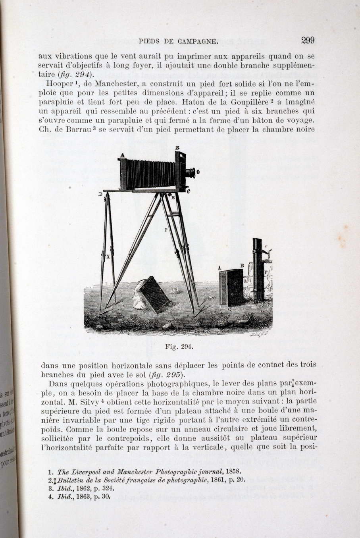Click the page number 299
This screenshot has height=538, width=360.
pos(308,40)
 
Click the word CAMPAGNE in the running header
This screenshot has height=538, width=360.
pos(198,41)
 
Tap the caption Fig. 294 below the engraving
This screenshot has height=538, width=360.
pos(179,346)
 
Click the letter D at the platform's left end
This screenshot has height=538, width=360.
pos(100,194)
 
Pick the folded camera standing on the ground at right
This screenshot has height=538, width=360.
pos(231,287)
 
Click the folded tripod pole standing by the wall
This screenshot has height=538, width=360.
pos(258,270)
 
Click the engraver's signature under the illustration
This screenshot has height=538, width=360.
pos(260,334)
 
